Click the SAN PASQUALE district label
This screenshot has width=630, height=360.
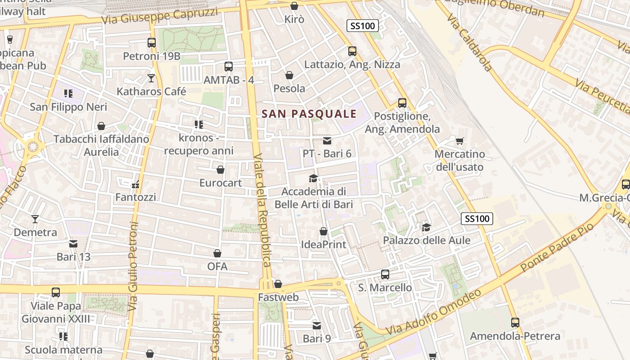click(309, 114)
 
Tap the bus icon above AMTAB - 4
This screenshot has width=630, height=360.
click(229, 67)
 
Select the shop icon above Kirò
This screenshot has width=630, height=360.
click(294, 6)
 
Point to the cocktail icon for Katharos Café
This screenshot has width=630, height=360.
click(151, 78)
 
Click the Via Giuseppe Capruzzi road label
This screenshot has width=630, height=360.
click(160, 16)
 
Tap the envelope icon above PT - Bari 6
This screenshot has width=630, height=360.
click(327, 141)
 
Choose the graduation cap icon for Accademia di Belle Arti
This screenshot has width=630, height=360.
click(314, 178)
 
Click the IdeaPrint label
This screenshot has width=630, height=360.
click(324, 244)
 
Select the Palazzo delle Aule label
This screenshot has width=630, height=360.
click(427, 240)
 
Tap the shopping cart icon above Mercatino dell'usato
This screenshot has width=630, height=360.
click(459, 141)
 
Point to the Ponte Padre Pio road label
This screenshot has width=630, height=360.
click(557, 247)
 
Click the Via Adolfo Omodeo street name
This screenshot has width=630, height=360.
click(433, 312)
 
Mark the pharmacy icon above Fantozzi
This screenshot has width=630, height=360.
click(135, 184)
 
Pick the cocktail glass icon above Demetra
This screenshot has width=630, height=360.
click(35, 219)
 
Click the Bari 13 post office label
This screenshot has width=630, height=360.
click(73, 257)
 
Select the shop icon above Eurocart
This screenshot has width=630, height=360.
click(220, 170)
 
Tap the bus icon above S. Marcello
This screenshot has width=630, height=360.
click(385, 274)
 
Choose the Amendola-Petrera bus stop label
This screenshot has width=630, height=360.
click(515, 336)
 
